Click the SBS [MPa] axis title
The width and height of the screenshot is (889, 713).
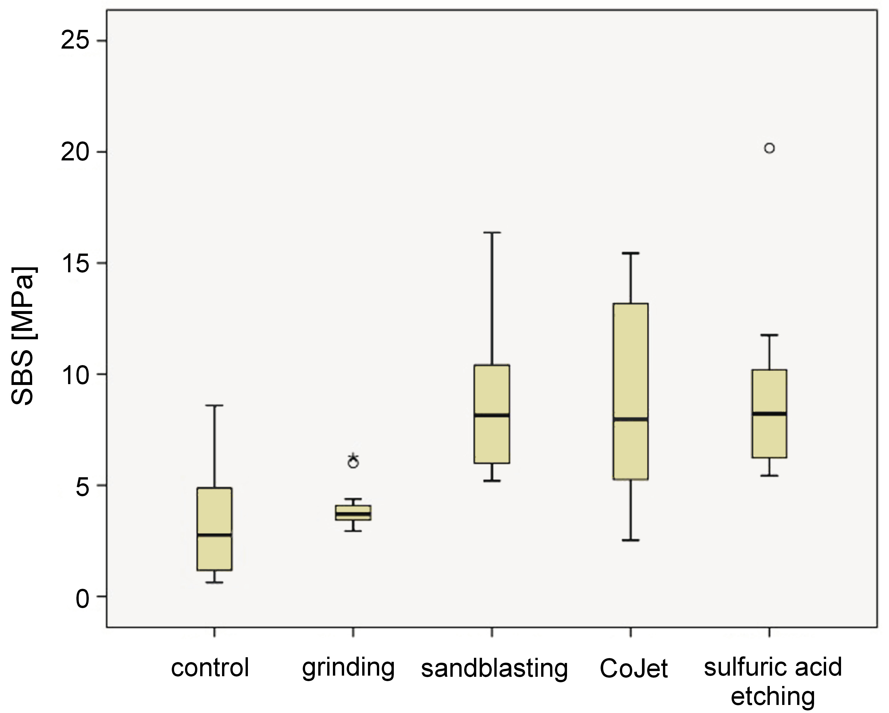(x=24, y=336)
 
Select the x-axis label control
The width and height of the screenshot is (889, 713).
(x=210, y=667)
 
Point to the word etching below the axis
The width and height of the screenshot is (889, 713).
(x=773, y=697)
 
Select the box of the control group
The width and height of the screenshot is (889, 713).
(x=214, y=529)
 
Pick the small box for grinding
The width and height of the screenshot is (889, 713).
(x=353, y=513)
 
